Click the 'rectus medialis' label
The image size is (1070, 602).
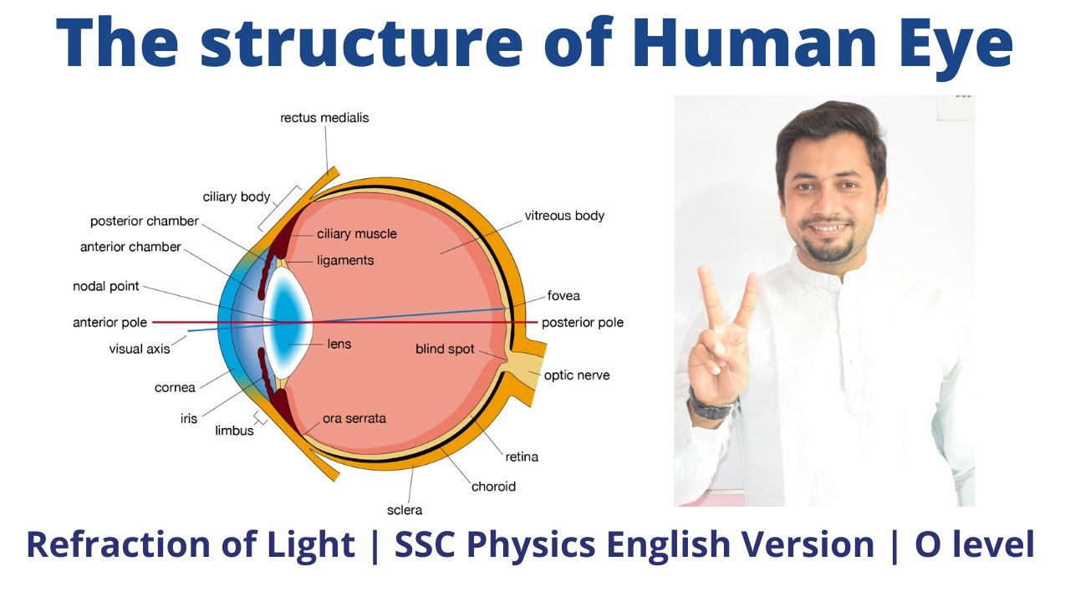pyautogui.click(x=324, y=118)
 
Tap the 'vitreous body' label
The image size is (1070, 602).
pyautogui.click(x=564, y=216)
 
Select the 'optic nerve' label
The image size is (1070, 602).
pyautogui.click(x=577, y=375)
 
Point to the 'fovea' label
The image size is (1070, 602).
pyautogui.click(x=563, y=296)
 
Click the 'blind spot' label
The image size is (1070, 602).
pyautogui.click(x=445, y=349)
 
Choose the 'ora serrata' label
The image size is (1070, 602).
pyautogui.click(x=354, y=418)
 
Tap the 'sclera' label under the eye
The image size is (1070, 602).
pyautogui.click(x=405, y=510)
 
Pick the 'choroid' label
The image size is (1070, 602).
pyautogui.click(x=493, y=487)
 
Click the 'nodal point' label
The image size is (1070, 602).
pyautogui.click(x=106, y=287)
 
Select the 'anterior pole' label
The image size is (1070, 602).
pyautogui.click(x=110, y=322)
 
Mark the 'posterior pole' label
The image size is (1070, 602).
pyautogui.click(x=583, y=322)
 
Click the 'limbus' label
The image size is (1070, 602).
pyautogui.click(x=234, y=431)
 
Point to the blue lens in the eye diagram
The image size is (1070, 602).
pyautogui.click(x=289, y=322)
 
